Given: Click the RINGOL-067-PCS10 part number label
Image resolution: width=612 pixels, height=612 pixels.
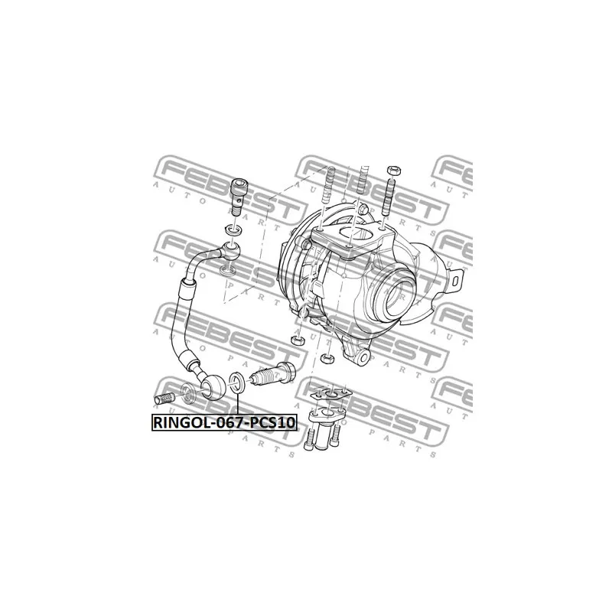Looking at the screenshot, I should [223, 422].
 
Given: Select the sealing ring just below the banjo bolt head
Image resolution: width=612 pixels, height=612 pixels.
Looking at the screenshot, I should [232, 230].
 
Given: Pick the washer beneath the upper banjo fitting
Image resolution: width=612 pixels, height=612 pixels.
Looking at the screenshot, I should [228, 271].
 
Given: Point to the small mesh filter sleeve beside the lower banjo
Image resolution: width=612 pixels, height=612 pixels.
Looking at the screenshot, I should [165, 398].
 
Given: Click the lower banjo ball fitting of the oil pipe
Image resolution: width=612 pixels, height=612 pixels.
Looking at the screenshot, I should [213, 387].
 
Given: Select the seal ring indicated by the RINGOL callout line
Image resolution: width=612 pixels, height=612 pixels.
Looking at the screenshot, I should [238, 383].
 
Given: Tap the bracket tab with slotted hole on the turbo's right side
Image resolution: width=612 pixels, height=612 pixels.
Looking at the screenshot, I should [457, 278].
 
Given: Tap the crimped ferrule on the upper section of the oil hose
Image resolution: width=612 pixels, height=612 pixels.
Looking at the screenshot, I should [184, 290].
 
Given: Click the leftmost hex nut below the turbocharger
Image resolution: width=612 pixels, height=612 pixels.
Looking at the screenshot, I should [298, 339].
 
